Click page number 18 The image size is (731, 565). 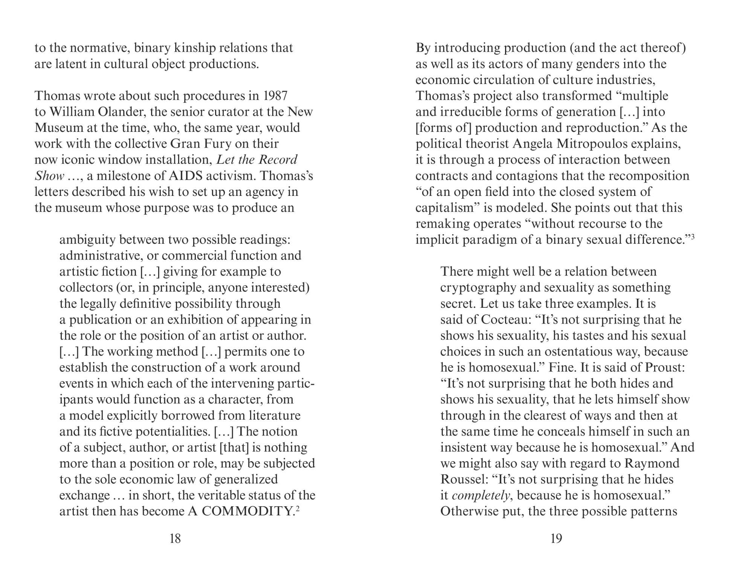click(175, 539)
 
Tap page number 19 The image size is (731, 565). click(556, 539)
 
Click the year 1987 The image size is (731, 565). click(275, 96)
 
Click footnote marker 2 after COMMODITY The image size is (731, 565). click(298, 508)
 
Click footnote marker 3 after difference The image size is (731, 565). click(692, 237)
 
